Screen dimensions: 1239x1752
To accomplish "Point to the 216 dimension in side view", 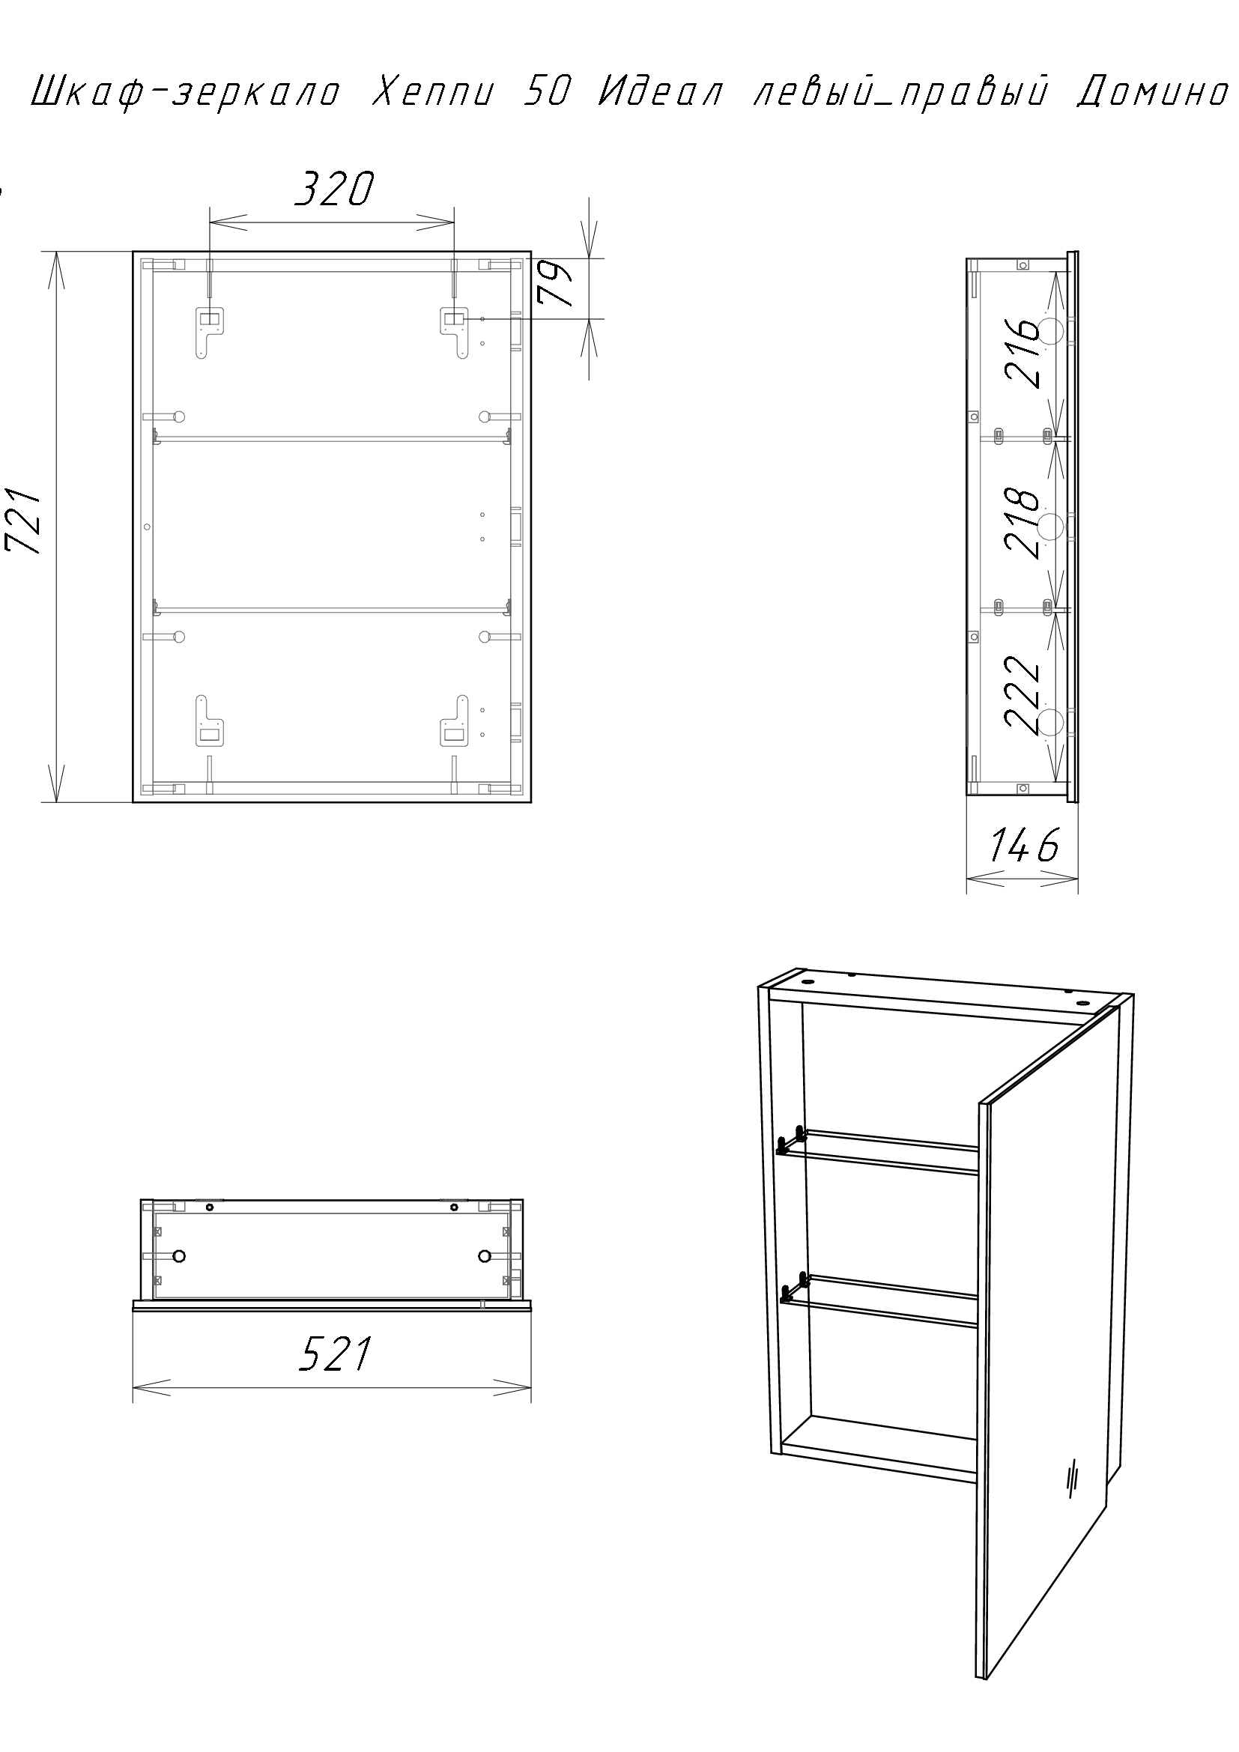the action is tap(1022, 352).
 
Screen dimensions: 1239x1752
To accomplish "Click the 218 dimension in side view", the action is tap(1022, 524).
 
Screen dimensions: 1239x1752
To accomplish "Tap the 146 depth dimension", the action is tap(1025, 846).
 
